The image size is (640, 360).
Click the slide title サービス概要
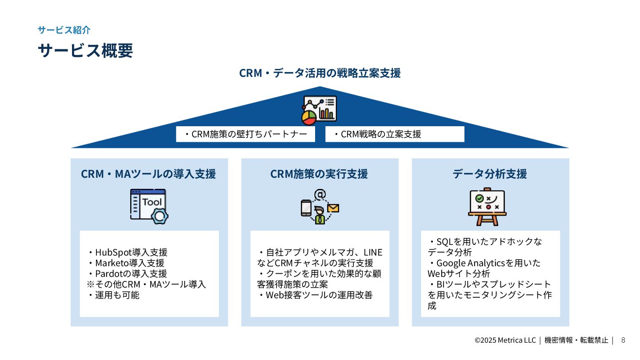click(x=85, y=51)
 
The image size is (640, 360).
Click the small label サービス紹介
click(x=64, y=30)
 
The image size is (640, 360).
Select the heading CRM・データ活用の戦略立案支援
click(x=320, y=73)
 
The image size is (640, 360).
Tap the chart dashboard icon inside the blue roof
click(x=319, y=110)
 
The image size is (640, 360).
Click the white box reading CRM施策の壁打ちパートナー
click(x=245, y=134)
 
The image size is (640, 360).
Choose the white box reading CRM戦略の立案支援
click(x=395, y=134)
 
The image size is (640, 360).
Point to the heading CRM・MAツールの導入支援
click(x=148, y=174)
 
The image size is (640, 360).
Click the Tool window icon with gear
click(x=149, y=206)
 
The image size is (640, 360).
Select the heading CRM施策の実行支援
click(x=319, y=174)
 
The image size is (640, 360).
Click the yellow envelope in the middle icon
click(x=333, y=208)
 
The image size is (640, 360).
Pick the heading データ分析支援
click(x=490, y=174)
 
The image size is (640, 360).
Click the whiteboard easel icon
click(x=487, y=207)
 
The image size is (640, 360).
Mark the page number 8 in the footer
click(x=623, y=340)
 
